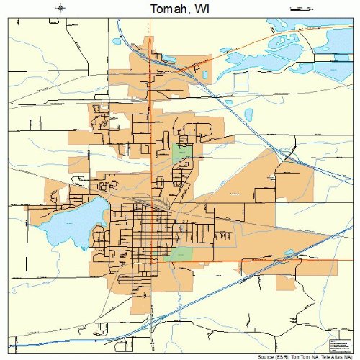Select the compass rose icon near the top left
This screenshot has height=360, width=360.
point(60,9)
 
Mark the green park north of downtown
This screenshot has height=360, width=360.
point(181,153)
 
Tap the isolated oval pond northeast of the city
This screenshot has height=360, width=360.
point(248,114)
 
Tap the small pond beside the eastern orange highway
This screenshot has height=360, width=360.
point(289,253)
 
